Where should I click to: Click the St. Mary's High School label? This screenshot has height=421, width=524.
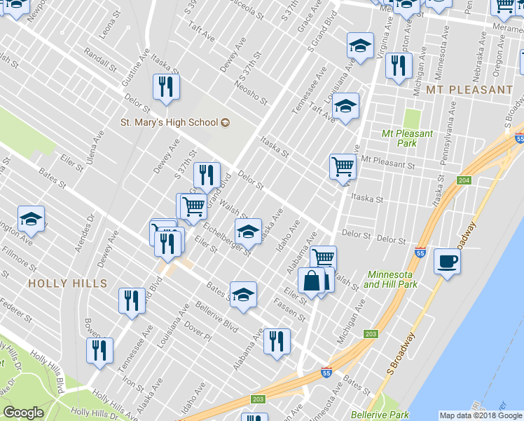click(169, 122)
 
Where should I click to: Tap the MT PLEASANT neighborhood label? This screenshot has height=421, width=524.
click(468, 90)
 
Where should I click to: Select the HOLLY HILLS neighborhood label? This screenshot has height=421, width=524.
click(67, 283)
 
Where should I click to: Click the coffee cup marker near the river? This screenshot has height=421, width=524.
click(447, 262)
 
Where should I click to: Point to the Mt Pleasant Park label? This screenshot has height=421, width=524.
click(408, 138)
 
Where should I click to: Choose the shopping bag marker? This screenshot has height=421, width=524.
click(311, 281)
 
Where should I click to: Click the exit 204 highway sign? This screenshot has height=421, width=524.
click(464, 180)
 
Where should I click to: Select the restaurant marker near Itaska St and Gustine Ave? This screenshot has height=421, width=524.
click(166, 87)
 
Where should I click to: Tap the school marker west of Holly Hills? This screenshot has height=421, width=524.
click(31, 220)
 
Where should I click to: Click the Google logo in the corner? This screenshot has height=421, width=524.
click(23, 413)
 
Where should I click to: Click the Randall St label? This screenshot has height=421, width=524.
click(99, 59)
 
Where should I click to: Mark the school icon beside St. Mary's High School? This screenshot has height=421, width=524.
click(226, 122)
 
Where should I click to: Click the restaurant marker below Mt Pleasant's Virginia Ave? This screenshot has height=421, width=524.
click(398, 66)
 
